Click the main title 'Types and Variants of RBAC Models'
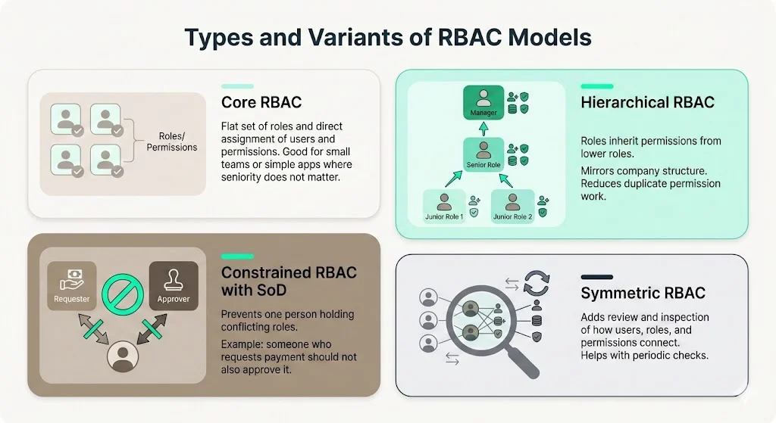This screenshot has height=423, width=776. click(x=388, y=38)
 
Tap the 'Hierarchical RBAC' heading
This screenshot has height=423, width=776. click(x=647, y=102)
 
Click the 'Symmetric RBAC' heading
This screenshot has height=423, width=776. click(x=643, y=294)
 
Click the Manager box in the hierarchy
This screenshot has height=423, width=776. click(x=483, y=103)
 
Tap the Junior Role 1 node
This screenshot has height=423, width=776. click(x=443, y=206)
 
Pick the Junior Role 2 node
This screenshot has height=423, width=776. click(x=513, y=206)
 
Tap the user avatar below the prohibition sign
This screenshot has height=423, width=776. click(x=122, y=356)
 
